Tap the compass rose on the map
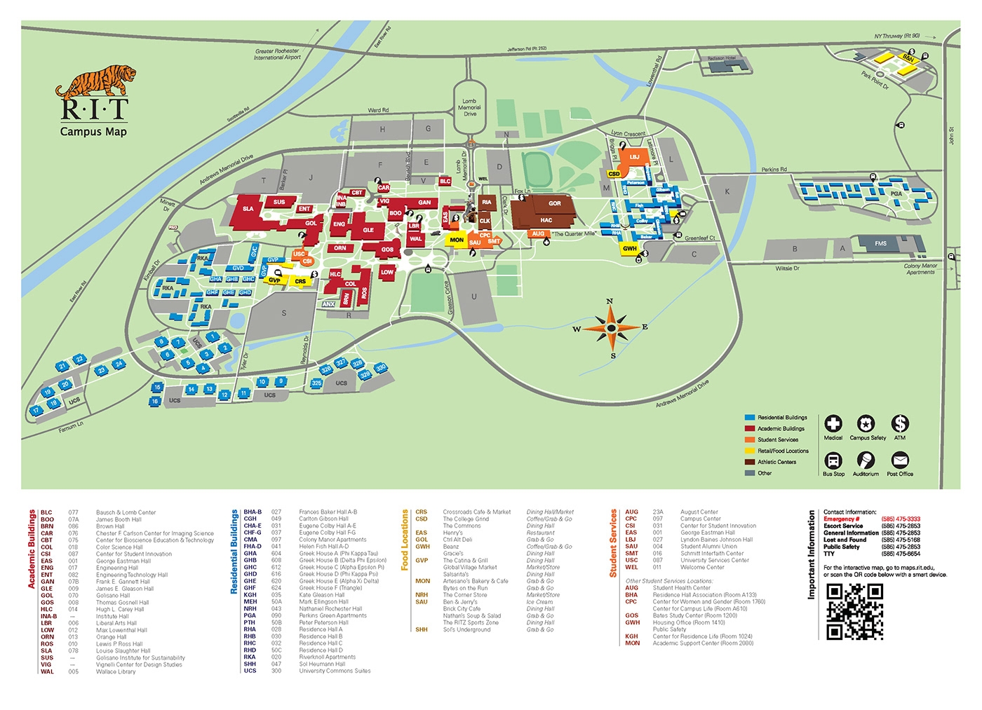[x=611, y=328]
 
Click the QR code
[x=854, y=611]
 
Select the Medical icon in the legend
[x=833, y=423]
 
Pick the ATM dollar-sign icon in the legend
[x=899, y=423]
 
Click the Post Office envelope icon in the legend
[x=899, y=460]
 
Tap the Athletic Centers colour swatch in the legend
[x=750, y=462]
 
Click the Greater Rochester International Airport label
[x=277, y=54]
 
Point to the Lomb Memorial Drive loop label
[x=469, y=107]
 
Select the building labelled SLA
[x=248, y=209]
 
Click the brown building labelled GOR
[x=554, y=204]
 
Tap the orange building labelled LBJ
[x=634, y=158]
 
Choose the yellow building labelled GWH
[x=630, y=248]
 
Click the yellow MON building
[x=457, y=240]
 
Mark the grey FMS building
[x=880, y=244]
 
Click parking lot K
[x=727, y=191]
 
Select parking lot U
[x=473, y=296]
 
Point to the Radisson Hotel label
[x=721, y=59]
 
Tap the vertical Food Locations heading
[x=405, y=540]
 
